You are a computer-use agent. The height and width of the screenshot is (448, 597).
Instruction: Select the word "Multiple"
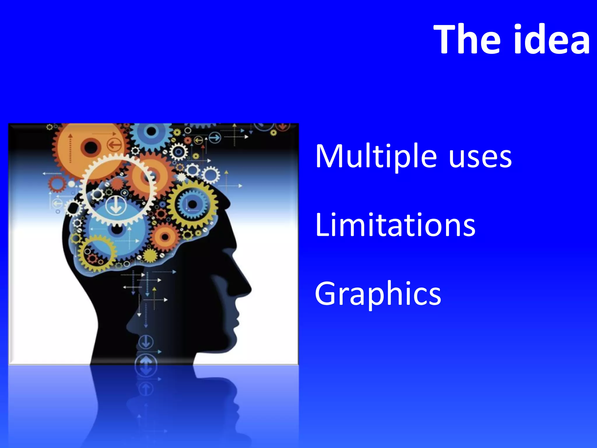tap(376, 157)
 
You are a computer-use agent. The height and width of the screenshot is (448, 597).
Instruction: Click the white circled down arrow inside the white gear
tap(116, 205)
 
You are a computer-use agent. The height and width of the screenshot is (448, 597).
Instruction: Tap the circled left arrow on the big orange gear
tap(114, 145)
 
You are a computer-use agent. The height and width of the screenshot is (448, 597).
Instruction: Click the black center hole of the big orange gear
tap(90, 147)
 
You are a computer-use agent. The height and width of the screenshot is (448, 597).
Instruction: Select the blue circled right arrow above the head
tap(215, 137)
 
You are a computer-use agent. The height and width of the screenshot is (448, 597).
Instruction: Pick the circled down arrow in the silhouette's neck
tap(146, 342)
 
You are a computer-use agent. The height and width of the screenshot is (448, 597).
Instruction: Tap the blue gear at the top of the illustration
tap(151, 132)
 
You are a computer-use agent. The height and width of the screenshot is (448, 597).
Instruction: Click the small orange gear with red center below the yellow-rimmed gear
tap(165, 237)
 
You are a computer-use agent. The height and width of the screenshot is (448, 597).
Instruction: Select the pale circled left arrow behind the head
tap(57, 203)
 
